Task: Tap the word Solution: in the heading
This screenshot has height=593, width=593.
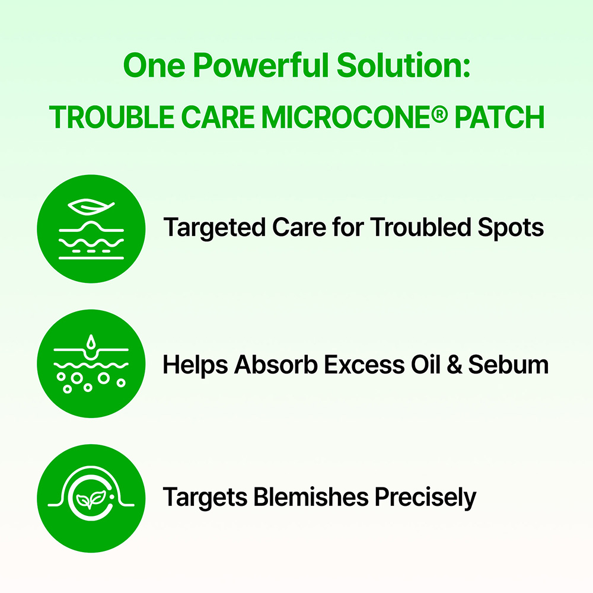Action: pyautogui.click(x=404, y=66)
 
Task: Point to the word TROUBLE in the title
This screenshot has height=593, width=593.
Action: pyautogui.click(x=112, y=117)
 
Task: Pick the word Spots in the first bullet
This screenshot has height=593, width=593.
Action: pyautogui.click(x=512, y=228)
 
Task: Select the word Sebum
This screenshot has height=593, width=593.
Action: pyautogui.click(x=508, y=365)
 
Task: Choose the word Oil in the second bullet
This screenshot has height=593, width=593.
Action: pyautogui.click(x=421, y=365)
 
